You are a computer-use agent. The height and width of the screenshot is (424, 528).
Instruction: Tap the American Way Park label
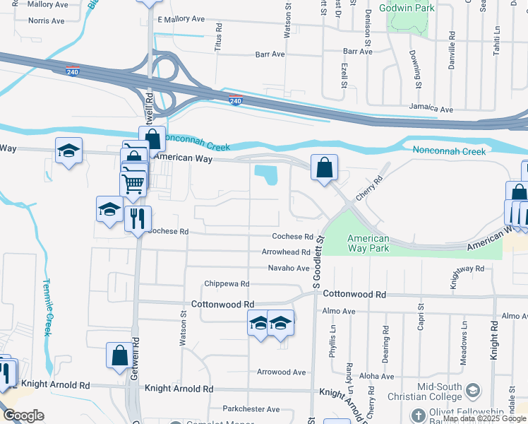(x=368, y=244)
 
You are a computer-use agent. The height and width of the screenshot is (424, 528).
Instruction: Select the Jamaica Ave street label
(x=431, y=110)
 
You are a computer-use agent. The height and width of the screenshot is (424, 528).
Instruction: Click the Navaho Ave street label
(x=289, y=269)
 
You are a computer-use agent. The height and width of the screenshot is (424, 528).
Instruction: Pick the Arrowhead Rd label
(x=286, y=252)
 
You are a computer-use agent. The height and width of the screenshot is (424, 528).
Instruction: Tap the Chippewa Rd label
(x=227, y=284)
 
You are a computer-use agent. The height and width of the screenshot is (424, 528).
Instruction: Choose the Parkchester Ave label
(x=251, y=409)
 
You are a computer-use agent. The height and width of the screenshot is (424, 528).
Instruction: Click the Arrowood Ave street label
(x=281, y=372)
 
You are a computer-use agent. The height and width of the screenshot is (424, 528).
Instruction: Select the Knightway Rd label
(x=467, y=269)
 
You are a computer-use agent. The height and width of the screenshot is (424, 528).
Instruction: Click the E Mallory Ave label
(x=181, y=20)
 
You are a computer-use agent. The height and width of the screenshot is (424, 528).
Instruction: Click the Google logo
(x=23, y=416)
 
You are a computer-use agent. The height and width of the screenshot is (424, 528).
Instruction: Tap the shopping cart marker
(x=133, y=184)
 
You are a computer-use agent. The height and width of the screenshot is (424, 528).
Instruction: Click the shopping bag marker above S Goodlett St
(x=324, y=168)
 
